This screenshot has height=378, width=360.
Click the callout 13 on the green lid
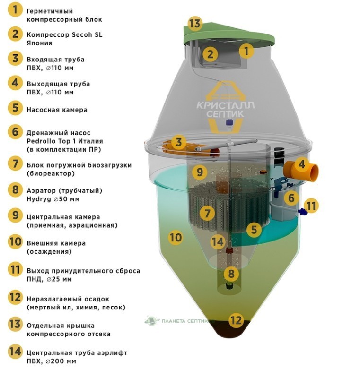point(194,23)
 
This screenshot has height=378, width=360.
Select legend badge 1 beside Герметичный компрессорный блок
point(15,10)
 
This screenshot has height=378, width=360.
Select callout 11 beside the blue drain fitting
point(311,206)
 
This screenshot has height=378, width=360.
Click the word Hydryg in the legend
point(38,199)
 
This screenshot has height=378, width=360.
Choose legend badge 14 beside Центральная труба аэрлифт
point(15,352)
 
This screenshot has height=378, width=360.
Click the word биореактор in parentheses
point(51,173)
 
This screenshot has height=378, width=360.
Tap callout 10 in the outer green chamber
point(175,237)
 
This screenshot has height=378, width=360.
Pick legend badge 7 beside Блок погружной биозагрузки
point(15,164)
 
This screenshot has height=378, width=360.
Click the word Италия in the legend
point(88,141)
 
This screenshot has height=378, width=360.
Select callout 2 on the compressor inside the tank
point(210,54)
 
